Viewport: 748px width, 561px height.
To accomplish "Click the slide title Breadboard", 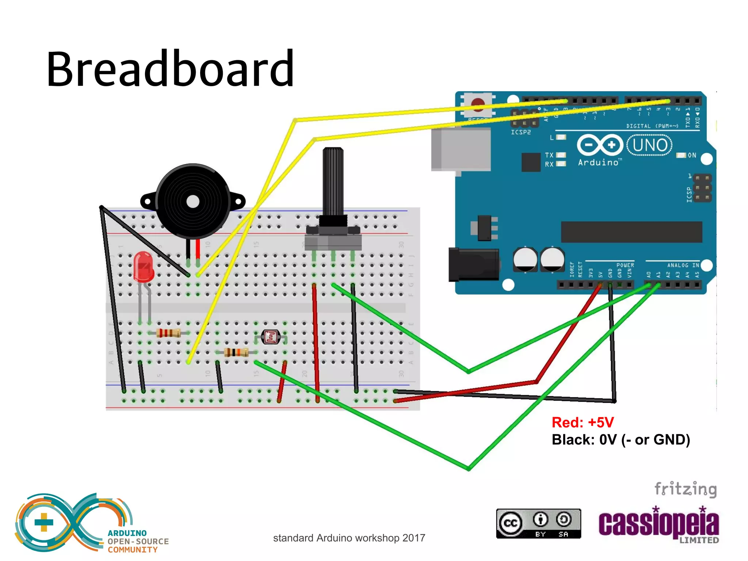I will [170, 69].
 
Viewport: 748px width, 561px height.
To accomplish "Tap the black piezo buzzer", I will [193, 201].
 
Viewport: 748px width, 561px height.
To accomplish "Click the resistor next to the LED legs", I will [168, 333].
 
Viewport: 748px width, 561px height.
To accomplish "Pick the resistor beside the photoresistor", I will [236, 352].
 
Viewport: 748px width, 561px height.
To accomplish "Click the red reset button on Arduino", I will [478, 104].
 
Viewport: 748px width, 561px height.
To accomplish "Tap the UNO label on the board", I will [649, 145].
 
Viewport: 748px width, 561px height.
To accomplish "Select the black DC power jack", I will [474, 264].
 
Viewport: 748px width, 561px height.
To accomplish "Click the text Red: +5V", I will [583, 423].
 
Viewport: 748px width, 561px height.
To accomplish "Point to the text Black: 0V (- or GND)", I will [621, 440].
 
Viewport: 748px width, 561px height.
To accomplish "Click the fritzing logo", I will [685, 489].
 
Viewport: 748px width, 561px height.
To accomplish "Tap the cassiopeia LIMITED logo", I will [659, 525].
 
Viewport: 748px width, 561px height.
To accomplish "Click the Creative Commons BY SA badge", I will [538, 523].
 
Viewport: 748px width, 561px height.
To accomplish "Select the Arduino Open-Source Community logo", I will [91, 523].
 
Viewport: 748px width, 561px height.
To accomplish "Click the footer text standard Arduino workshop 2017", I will [349, 538].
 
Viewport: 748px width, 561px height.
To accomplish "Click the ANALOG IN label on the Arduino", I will [683, 265].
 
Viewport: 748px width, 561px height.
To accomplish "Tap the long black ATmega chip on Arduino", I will [631, 232].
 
